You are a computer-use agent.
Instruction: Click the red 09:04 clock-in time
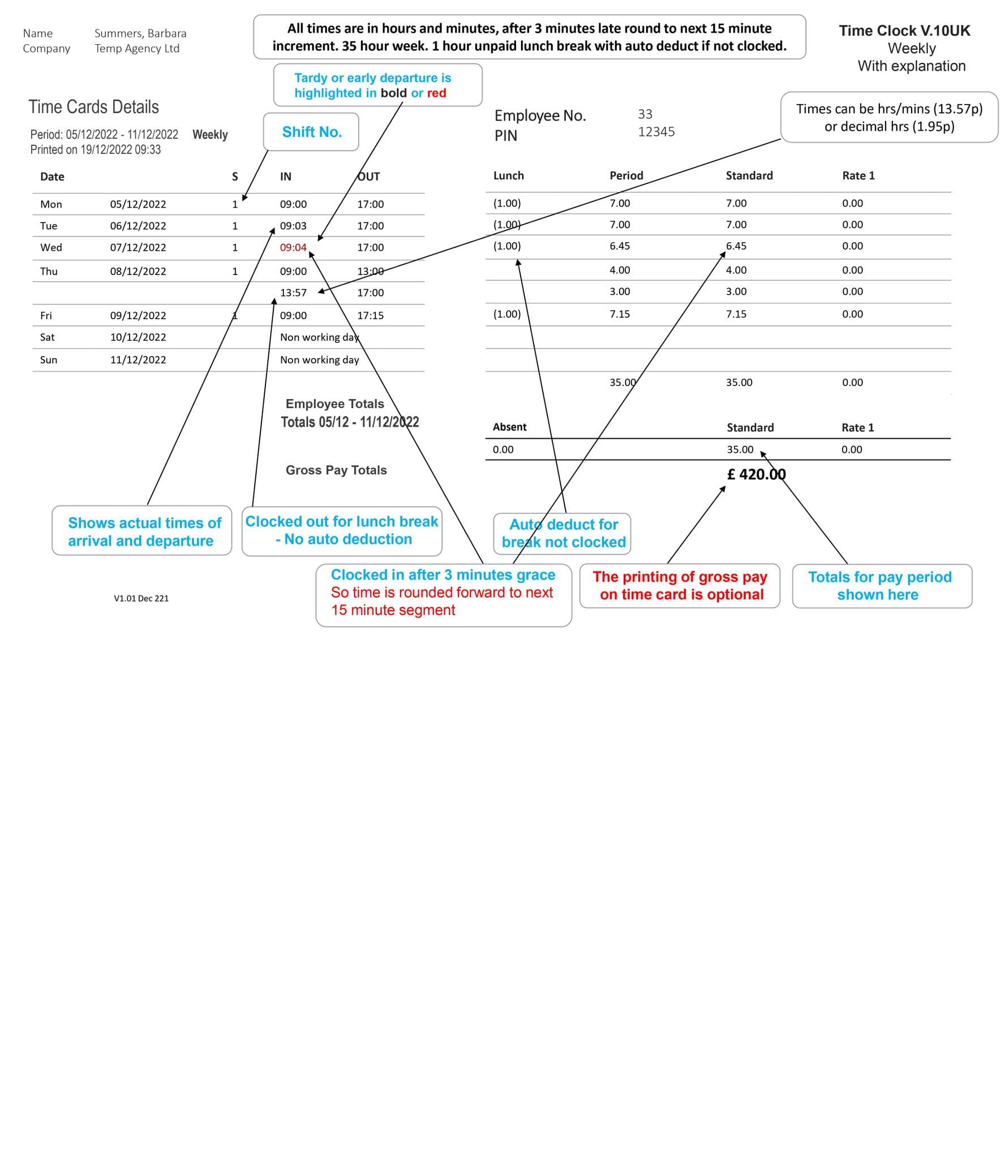tap(293, 247)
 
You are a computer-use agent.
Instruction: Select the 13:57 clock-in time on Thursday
tap(293, 293)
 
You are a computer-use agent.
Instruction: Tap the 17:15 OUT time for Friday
tap(370, 315)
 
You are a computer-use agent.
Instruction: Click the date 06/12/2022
tap(138, 226)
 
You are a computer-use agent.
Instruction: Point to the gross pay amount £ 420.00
tap(756, 474)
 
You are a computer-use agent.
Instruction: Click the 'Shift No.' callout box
tap(311, 132)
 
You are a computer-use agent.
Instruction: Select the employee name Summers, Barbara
tap(140, 33)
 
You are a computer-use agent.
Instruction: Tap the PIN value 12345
tap(656, 132)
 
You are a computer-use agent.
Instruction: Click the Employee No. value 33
tap(645, 114)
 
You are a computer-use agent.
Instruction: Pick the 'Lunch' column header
tap(508, 175)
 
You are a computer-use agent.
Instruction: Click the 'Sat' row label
tap(48, 337)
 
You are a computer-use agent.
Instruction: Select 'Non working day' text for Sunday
tap(319, 360)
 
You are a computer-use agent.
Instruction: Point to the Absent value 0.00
tap(503, 450)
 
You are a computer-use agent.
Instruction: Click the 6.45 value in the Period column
tap(620, 246)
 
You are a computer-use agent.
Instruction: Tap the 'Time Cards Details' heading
tap(94, 107)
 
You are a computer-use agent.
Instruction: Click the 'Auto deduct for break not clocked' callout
tap(563, 533)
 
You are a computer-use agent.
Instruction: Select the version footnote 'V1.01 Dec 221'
tap(141, 598)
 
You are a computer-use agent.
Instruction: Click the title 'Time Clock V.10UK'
tap(904, 31)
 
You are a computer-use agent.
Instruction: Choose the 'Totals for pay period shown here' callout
tap(881, 586)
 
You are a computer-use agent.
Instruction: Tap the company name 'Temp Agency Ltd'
tap(137, 49)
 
